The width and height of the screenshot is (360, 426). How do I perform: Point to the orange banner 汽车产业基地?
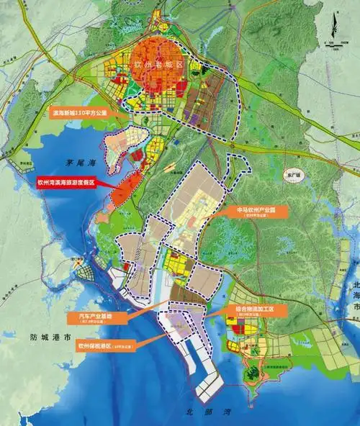coord(94,317)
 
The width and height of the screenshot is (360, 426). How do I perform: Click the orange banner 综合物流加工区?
coord(254,309)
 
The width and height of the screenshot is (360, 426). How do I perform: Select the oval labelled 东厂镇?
coord(292,173)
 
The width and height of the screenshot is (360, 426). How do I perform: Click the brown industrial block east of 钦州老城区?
coord(216,108)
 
